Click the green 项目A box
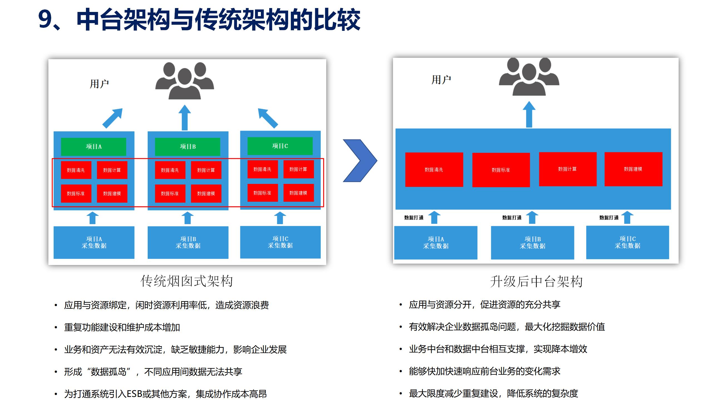point(93,147)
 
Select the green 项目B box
point(187,147)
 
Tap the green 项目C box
point(280,146)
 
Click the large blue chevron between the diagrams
point(360,161)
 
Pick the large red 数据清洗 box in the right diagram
point(434,169)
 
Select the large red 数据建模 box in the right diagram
point(633,169)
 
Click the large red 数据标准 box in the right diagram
point(501,170)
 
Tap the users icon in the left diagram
point(185,81)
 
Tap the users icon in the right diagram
point(529,77)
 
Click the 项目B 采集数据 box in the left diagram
point(188,242)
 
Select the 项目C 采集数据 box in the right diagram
point(627,242)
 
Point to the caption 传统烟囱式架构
point(187,281)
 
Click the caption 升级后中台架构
point(536,282)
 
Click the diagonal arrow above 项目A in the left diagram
point(113,118)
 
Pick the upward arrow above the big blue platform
point(529,114)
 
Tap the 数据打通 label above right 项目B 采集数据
point(512,218)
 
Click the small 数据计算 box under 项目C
point(298,169)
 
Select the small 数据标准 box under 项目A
point(76,193)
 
